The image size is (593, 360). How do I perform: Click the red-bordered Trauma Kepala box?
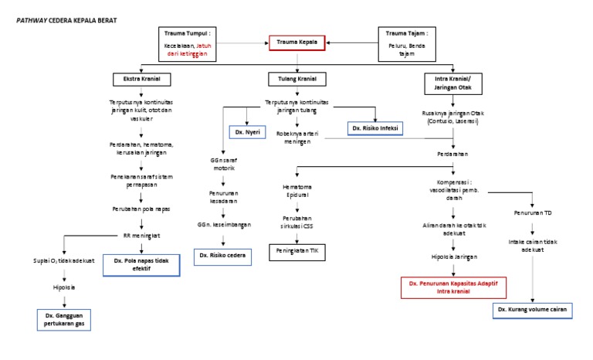click(x=297, y=42)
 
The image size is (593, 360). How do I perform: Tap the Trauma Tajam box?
click(x=408, y=44)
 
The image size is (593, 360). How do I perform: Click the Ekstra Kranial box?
click(x=141, y=80)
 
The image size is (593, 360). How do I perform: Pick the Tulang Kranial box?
click(x=296, y=80)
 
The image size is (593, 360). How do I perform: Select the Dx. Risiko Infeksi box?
click(x=374, y=127)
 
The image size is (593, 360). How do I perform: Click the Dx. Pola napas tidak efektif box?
click(x=141, y=265)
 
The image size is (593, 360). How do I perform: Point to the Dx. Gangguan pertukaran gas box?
click(x=65, y=320)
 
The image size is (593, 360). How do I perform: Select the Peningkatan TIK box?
click(x=297, y=250)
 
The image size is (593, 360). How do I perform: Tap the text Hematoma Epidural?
click(x=297, y=190)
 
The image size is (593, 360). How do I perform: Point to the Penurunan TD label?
click(x=532, y=212)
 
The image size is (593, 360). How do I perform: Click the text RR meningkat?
click(x=141, y=235)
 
